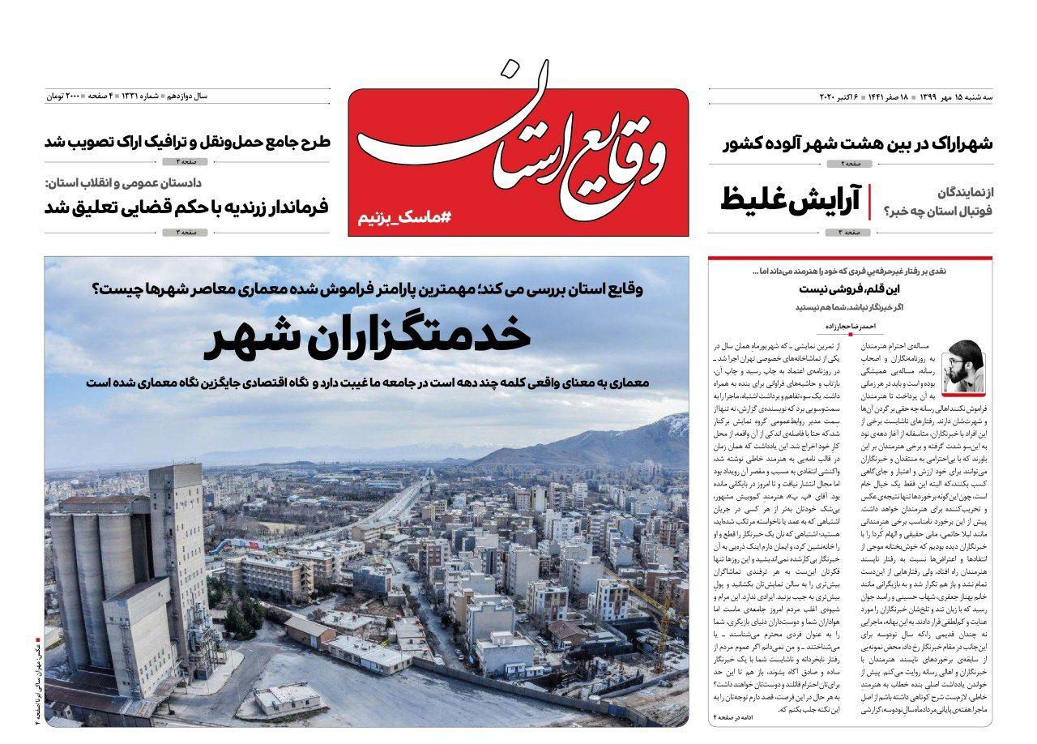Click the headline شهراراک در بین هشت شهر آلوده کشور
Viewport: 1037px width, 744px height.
click(858, 144)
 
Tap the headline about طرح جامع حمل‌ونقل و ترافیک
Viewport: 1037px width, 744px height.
click(187, 143)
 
